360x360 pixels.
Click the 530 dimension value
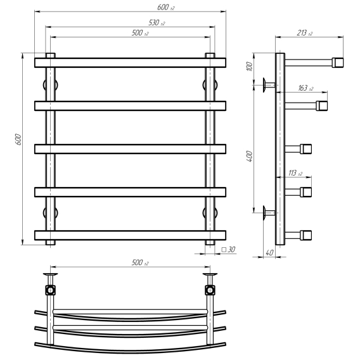157,23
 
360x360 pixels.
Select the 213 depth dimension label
304,33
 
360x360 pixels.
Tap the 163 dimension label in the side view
305,88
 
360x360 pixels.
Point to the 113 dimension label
295,172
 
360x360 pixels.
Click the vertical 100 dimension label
249,67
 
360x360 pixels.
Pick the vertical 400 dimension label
249,156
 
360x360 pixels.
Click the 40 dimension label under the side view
269,252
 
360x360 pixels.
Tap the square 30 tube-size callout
228,249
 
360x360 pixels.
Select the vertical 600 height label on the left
18,139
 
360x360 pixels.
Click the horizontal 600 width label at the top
166,8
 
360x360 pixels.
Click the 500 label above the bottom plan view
140,262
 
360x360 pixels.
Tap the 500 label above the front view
140,32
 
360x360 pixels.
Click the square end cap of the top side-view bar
337,63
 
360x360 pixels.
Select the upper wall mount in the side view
269,85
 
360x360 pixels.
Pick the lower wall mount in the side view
269,213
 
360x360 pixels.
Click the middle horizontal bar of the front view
130,149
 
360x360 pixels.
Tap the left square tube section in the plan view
50,290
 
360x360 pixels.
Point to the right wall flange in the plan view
210,274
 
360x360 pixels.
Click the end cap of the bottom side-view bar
305,235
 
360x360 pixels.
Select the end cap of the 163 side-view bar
322,106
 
